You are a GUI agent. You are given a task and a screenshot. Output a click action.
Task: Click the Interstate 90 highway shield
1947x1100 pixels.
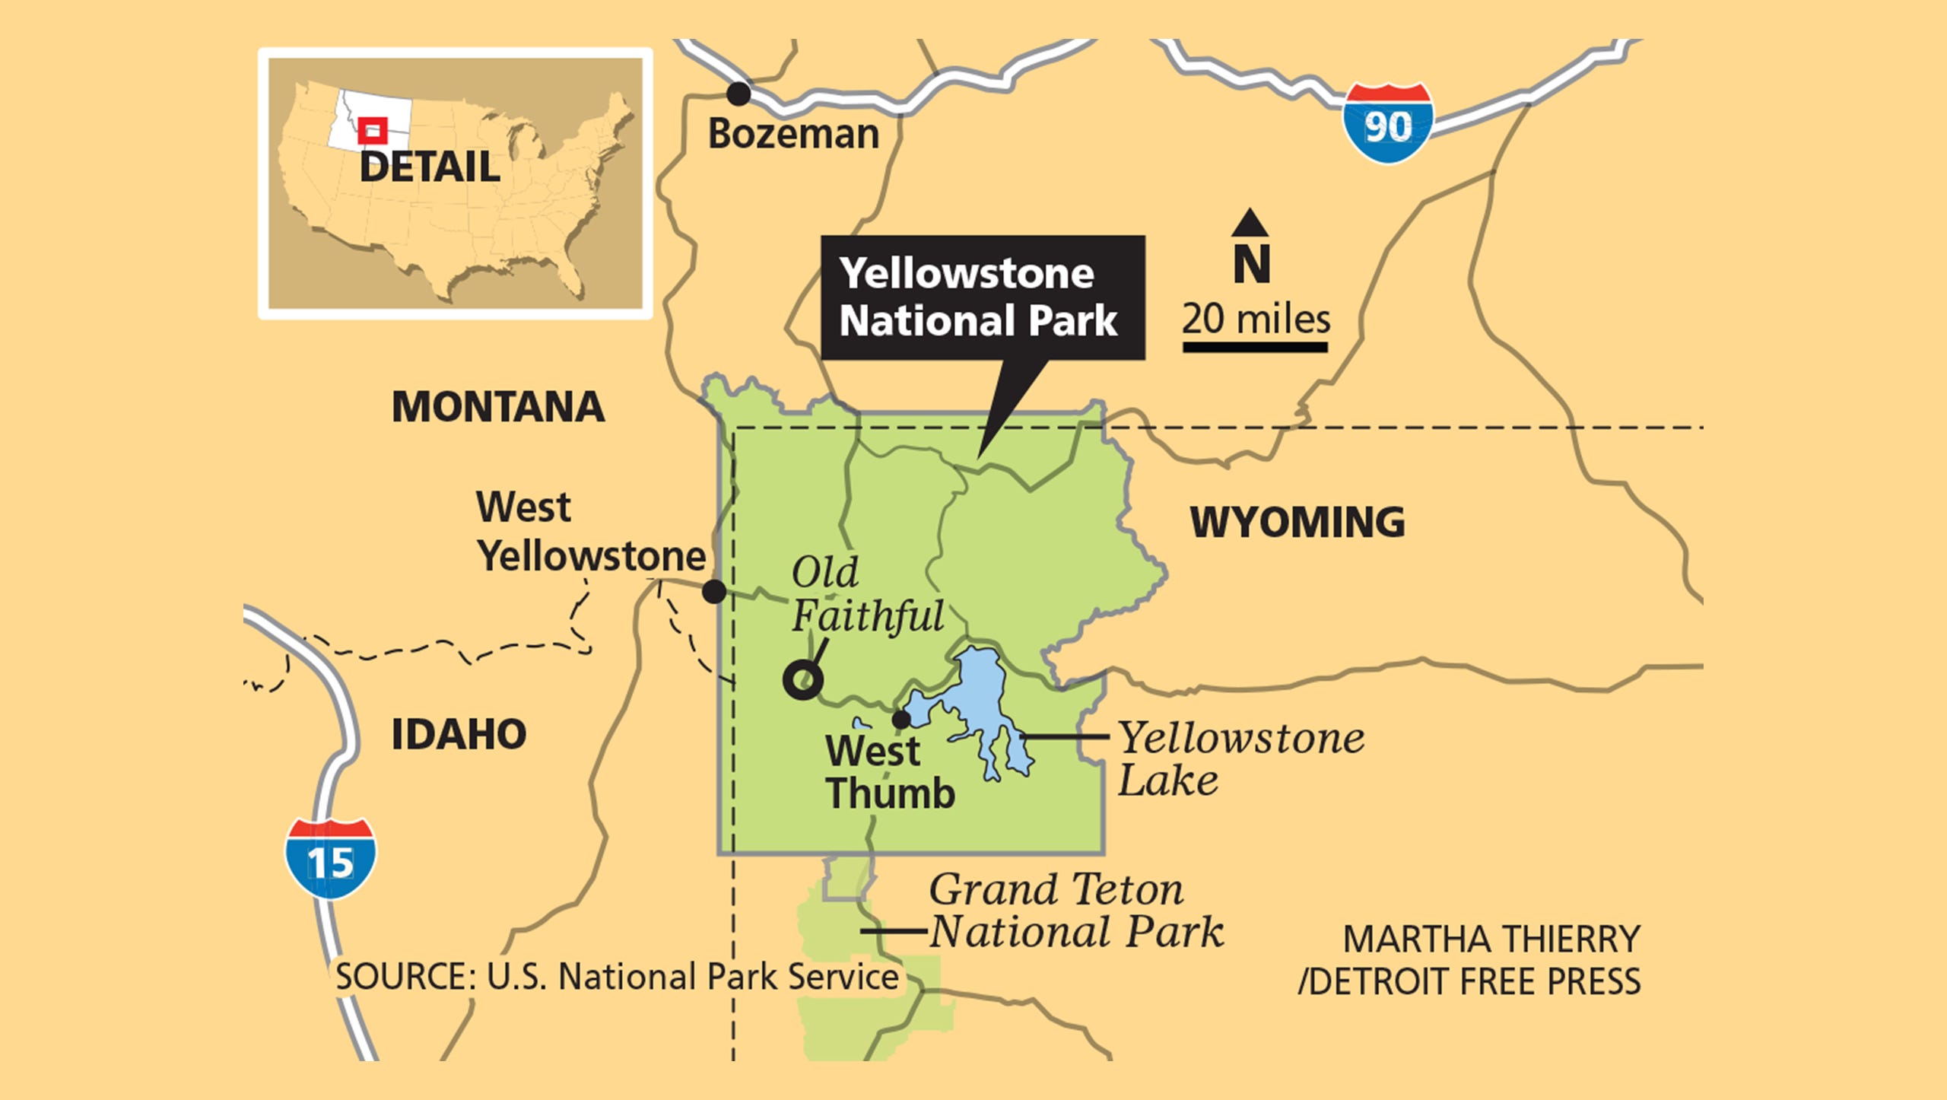(1387, 123)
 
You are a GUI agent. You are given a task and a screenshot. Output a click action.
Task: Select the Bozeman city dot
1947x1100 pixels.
(738, 94)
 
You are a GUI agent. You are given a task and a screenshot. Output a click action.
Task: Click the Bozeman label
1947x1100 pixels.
(793, 134)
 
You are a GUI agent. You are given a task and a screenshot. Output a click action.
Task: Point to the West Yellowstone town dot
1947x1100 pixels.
(713, 591)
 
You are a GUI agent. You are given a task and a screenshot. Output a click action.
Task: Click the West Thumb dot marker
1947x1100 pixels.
(900, 719)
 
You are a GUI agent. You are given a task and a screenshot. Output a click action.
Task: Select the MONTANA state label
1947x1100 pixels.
(498, 407)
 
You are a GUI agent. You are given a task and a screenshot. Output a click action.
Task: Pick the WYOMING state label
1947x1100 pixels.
(1297, 523)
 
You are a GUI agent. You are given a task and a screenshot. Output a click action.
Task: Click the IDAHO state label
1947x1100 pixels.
(459, 735)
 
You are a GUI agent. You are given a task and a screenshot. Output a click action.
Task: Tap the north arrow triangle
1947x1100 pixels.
(1250, 222)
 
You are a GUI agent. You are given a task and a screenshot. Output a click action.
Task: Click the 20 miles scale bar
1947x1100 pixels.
(1255, 347)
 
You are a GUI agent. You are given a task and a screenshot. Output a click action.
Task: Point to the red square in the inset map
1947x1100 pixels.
(373, 131)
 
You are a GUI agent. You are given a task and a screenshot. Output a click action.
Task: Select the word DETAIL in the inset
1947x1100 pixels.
(430, 167)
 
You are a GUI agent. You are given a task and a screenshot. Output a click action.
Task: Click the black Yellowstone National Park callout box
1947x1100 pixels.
(982, 297)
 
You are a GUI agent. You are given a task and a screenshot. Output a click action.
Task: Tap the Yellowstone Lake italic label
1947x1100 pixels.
(1240, 759)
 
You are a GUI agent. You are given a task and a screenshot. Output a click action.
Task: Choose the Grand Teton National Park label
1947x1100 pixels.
(1075, 911)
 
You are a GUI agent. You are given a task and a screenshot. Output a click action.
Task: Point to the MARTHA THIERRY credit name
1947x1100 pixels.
(1491, 939)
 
